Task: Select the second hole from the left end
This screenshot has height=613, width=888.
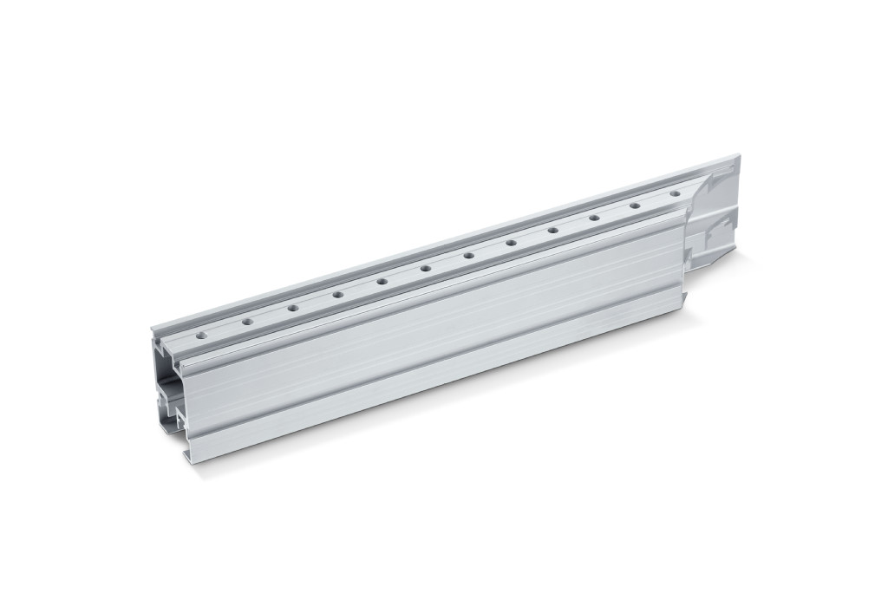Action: (x=247, y=322)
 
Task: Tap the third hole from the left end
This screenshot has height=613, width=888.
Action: (x=293, y=308)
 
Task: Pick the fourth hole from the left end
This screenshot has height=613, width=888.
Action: (x=337, y=295)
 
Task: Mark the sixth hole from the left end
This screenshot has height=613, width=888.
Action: (x=425, y=269)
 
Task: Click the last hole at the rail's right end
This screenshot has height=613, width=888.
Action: (x=675, y=193)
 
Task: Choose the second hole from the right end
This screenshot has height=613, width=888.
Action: (x=635, y=205)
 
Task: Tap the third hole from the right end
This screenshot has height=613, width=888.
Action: (x=594, y=218)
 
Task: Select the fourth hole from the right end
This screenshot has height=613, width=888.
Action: (x=552, y=231)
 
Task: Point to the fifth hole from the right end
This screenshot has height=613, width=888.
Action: (x=511, y=243)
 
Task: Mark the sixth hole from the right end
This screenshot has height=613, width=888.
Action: (x=468, y=256)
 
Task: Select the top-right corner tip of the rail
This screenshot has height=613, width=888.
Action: (x=739, y=156)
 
